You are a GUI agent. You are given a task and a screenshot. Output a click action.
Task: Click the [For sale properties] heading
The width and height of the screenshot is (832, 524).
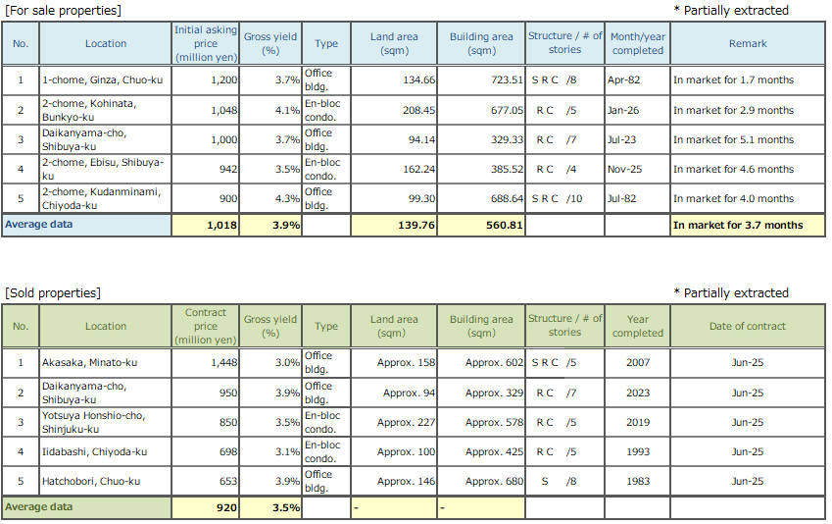pos(64,10)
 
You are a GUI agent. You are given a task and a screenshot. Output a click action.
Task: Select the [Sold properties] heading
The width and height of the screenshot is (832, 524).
pos(53,292)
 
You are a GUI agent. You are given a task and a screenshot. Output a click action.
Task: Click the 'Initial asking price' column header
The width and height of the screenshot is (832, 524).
pos(206,43)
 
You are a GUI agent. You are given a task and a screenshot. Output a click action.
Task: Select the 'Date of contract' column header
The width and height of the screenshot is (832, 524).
pos(747,326)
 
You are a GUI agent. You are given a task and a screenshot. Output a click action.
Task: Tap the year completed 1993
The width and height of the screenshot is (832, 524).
pos(637,451)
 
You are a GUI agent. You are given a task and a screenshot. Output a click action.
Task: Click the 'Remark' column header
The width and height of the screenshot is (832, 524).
pos(748,43)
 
